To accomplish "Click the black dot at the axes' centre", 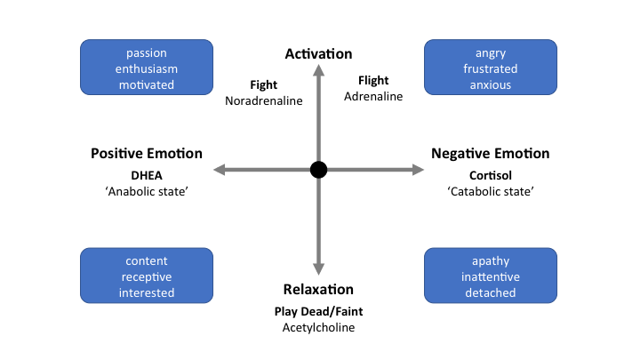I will click(319, 170).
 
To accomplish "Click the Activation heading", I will click(318, 54).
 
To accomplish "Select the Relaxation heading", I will click(318, 290).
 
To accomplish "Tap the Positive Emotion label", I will click(147, 154).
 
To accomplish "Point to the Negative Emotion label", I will click(491, 154).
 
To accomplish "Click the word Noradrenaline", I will click(264, 100).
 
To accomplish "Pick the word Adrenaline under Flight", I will click(373, 97).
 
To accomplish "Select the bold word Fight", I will click(264, 86).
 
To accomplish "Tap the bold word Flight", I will click(373, 81).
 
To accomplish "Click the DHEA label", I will click(147, 175).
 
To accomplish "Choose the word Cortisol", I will click(491, 175).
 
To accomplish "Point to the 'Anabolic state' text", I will click(147, 191).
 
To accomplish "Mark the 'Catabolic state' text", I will click(491, 191).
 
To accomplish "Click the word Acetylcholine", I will click(318, 328).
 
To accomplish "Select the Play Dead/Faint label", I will click(318, 312).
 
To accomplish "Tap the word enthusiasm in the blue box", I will click(147, 68).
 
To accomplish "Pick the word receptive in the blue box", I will click(147, 276).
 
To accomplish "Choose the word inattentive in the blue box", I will click(491, 276).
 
